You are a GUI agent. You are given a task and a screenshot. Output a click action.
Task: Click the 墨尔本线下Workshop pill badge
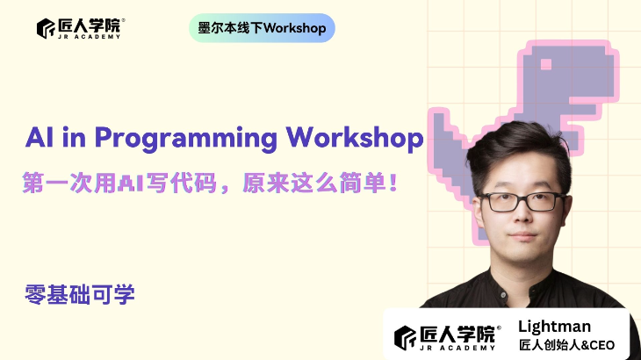pyautogui.click(x=261, y=28)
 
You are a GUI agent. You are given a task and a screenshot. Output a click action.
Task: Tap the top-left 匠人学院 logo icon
pyautogui.click(x=46, y=28)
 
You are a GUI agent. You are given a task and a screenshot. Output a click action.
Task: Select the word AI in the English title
pyautogui.click(x=36, y=138)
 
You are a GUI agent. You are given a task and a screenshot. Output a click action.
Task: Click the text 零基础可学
pyautogui.click(x=80, y=295)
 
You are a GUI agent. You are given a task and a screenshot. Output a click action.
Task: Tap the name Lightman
pyautogui.click(x=556, y=327)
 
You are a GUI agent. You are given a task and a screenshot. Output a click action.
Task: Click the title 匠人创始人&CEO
pyautogui.click(x=566, y=345)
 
